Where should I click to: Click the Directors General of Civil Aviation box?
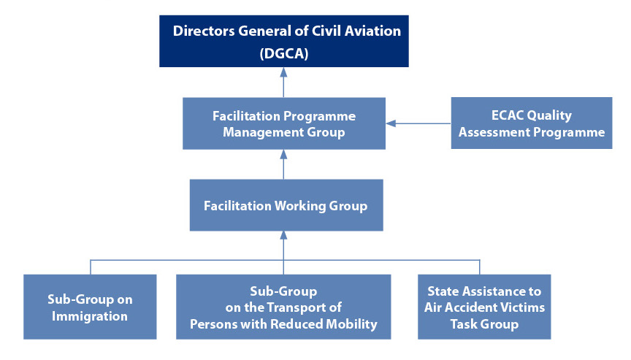click(285, 41)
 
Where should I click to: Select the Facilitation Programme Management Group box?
click(283, 124)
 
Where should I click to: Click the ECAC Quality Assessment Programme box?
click(531, 123)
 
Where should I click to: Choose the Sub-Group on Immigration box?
click(89, 307)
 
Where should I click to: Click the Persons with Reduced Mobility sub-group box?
click(283, 307)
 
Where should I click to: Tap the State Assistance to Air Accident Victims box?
click(483, 307)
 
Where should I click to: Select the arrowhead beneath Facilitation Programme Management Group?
click(283, 154)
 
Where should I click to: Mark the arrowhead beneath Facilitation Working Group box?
click(283, 236)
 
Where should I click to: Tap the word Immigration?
click(89, 316)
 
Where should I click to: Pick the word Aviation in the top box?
click(374, 31)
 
